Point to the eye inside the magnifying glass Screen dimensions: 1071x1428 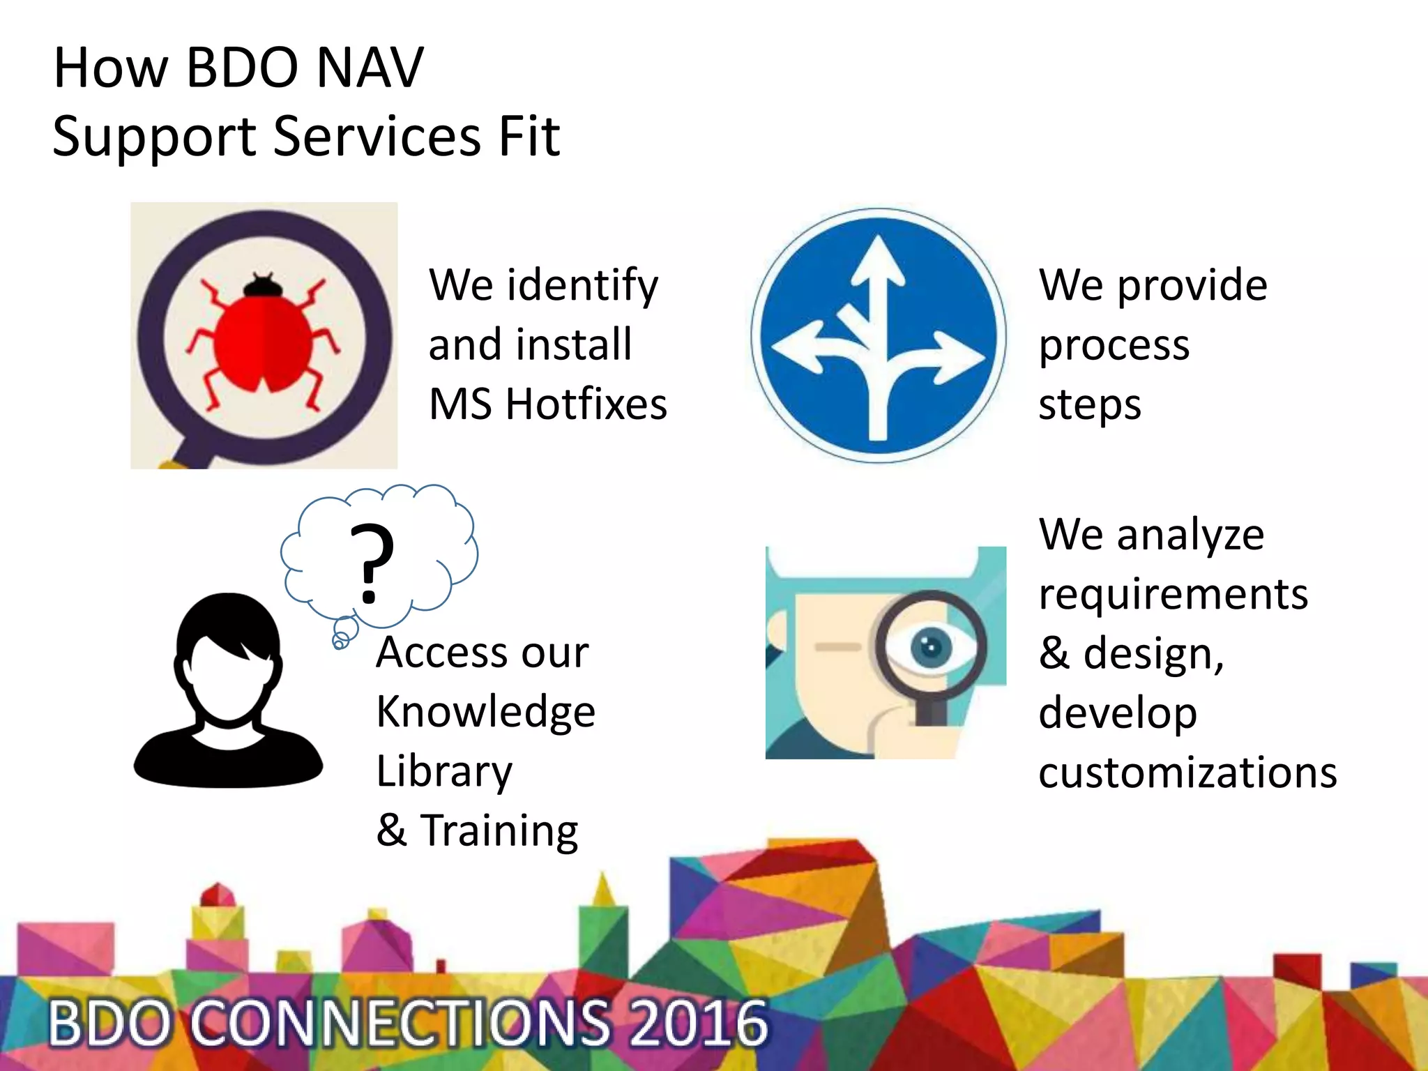pos(930,646)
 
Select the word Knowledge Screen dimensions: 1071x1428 pos(485,713)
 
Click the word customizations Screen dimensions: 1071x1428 pos(1187,773)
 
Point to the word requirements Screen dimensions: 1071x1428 pos(1173,595)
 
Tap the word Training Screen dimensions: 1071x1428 pos(499,831)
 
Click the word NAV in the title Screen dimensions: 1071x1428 pos(369,68)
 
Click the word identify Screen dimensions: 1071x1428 pos(582,286)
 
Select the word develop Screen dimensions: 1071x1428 pos(1118,713)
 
